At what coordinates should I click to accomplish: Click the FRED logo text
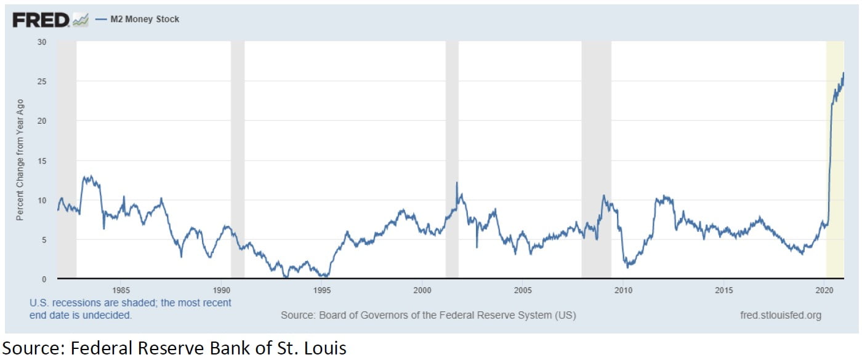click(41, 20)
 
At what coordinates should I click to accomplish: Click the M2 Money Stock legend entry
click(145, 20)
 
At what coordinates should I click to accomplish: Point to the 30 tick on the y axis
click(42, 42)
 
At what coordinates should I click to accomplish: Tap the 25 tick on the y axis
click(42, 81)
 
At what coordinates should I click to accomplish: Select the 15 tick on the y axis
click(42, 161)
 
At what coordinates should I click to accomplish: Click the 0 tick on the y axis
click(44, 279)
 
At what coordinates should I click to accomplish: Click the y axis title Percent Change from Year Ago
click(20, 160)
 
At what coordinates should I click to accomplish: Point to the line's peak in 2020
click(843, 73)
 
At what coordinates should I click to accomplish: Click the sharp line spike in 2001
click(457, 183)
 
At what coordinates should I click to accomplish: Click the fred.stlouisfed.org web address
click(781, 315)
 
